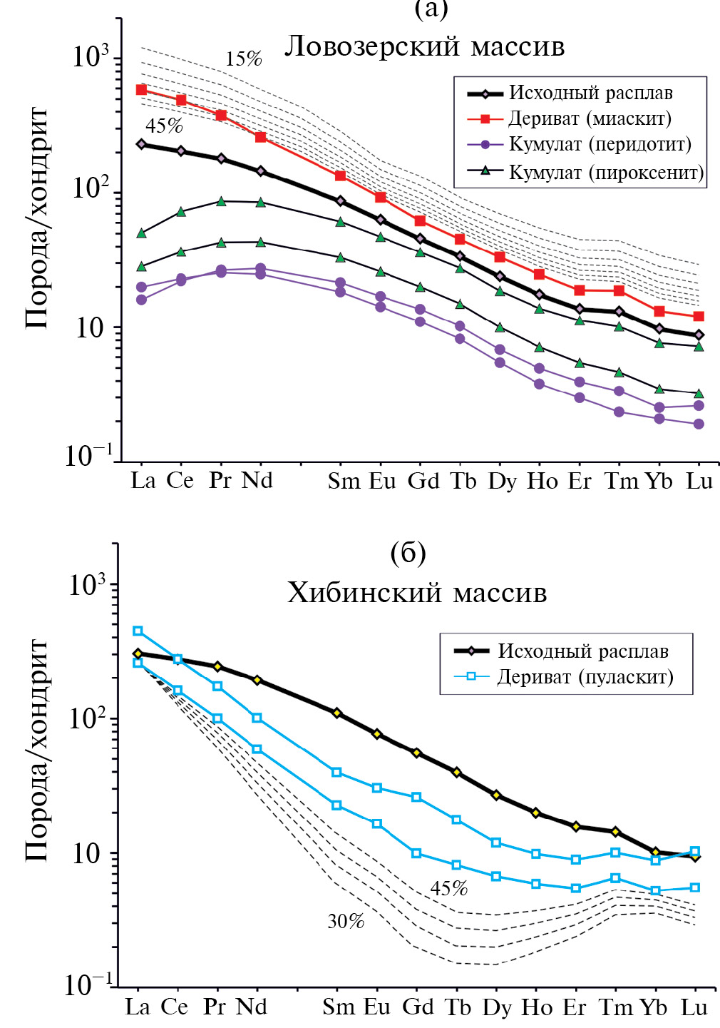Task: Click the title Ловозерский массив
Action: coord(425,46)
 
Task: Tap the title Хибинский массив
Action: coord(417,593)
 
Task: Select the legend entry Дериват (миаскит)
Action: coord(590,118)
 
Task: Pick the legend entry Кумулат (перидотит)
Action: coord(600,144)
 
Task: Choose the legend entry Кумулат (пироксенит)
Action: coord(606,172)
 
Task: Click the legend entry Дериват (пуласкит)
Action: coord(585,676)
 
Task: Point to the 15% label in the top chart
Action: coord(244,59)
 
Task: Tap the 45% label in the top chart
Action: coord(164,126)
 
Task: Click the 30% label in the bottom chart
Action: coord(346,922)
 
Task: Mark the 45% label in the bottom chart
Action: coord(449,889)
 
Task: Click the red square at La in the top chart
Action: coord(141,90)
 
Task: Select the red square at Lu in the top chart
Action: coord(699,316)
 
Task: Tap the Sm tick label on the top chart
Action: coord(344,482)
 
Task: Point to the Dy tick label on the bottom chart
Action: coord(497,1008)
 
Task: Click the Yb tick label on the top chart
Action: coord(659,482)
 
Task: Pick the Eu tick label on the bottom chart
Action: coord(377,1007)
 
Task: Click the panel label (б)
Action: coord(408,553)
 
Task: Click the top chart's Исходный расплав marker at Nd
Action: coord(260,171)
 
